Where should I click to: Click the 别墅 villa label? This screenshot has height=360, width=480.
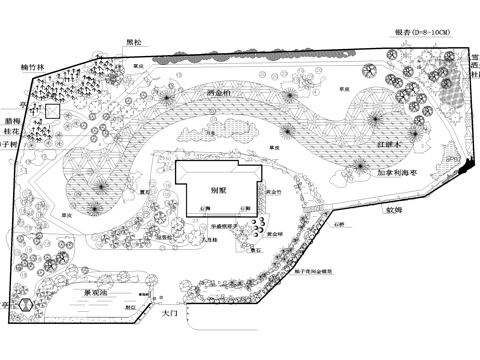[217, 187]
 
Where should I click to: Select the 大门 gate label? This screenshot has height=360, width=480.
[169, 314]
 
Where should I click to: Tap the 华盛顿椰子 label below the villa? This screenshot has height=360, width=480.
[229, 226]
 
